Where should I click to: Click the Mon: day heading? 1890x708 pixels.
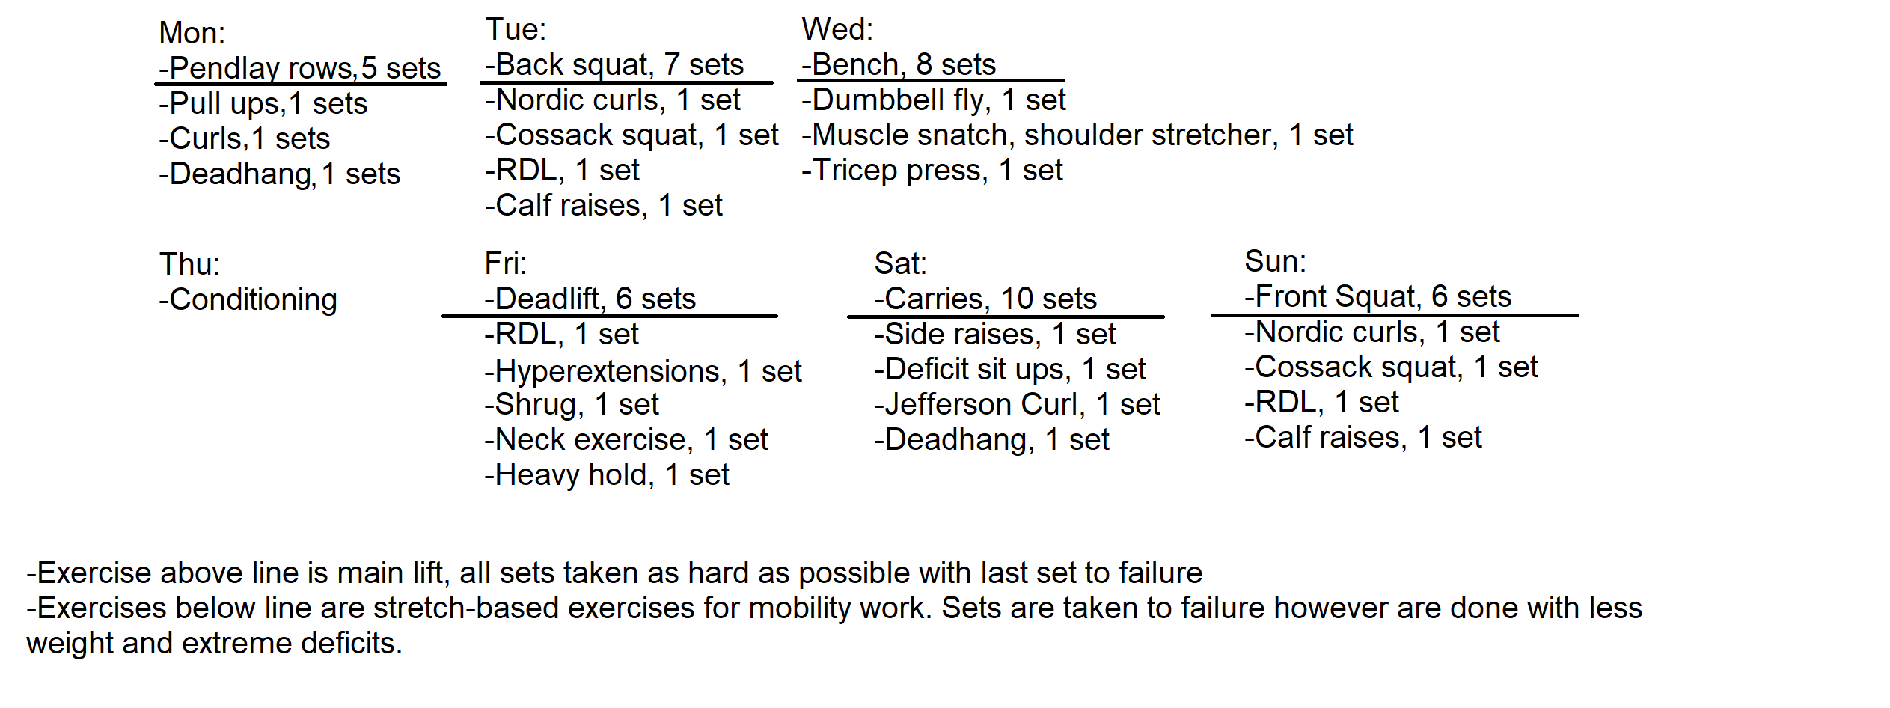click(192, 33)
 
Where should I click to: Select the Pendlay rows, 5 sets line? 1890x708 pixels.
click(300, 68)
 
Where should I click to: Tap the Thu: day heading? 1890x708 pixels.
click(189, 264)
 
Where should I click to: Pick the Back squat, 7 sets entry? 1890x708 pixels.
click(614, 64)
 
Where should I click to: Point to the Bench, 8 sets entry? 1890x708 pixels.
click(899, 64)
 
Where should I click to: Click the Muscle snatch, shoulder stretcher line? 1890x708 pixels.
click(1077, 135)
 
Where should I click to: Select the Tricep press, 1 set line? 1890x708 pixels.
click(932, 171)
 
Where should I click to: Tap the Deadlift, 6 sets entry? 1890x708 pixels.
click(590, 299)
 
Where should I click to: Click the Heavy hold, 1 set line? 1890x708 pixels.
click(607, 474)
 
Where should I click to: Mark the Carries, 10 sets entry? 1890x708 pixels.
click(985, 299)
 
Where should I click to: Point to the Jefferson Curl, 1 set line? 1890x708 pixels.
click(1017, 405)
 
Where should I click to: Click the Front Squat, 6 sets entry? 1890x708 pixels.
click(1378, 296)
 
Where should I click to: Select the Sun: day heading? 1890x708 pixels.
click(1275, 261)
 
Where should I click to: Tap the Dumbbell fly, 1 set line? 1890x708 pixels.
click(934, 100)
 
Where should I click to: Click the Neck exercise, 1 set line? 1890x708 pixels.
click(626, 439)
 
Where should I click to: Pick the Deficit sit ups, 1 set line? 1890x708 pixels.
click(1010, 370)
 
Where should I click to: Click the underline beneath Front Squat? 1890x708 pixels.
click(1395, 316)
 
